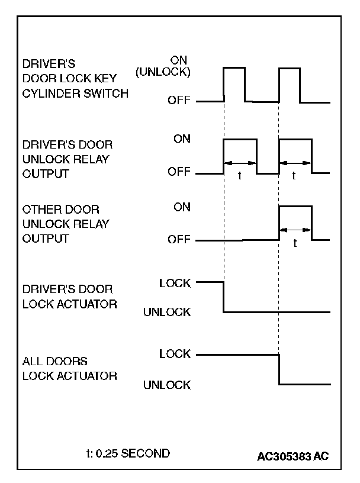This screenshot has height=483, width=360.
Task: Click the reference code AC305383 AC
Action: pyautogui.click(x=293, y=457)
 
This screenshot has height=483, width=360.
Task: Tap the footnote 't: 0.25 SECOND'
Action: pyautogui.click(x=128, y=453)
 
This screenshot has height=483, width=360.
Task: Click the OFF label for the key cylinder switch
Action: pyautogui.click(x=179, y=101)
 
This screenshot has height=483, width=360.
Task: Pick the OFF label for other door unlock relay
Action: pyautogui.click(x=179, y=240)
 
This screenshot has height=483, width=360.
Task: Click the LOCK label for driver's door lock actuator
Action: pyautogui.click(x=175, y=283)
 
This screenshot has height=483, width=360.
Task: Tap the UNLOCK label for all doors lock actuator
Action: pyautogui.click(x=167, y=385)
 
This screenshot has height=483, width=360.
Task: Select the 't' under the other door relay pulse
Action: pyautogui.click(x=295, y=243)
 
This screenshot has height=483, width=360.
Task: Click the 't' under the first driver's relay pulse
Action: pyautogui.click(x=240, y=176)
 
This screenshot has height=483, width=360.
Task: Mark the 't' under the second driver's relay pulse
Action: pyautogui.click(x=295, y=176)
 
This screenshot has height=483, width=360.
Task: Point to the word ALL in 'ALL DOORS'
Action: pyautogui.click(x=31, y=360)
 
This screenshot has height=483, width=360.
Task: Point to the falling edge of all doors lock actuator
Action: pyautogui.click(x=279, y=369)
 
